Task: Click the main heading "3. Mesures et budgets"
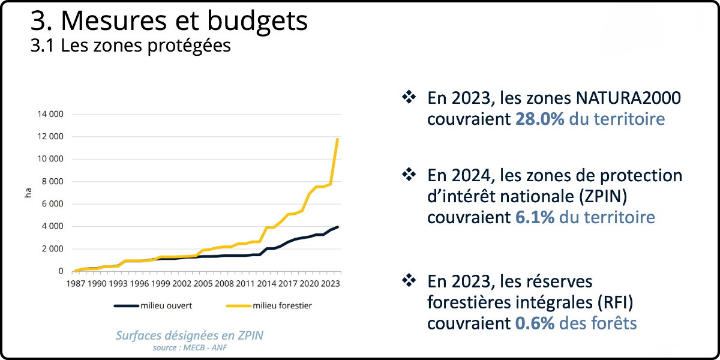[169, 21]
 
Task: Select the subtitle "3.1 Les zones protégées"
[130, 46]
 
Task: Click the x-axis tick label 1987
[76, 283]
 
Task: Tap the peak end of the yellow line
[338, 139]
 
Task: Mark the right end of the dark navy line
[338, 227]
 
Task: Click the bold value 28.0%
[539, 119]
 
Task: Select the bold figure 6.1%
[534, 217]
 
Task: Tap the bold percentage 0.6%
[534, 323]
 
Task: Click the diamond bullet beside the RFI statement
[409, 280]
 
